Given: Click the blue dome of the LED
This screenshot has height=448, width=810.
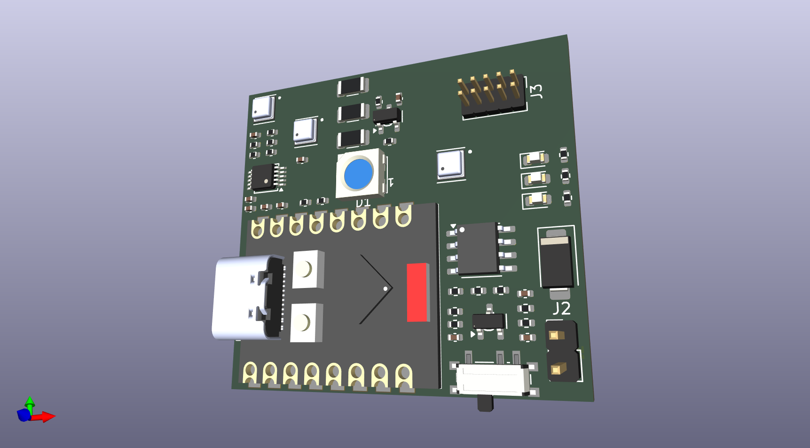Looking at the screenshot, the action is point(358,174).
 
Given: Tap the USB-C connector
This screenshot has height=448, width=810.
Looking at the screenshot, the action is point(247,297).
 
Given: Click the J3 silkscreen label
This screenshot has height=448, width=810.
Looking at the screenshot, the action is point(536,91).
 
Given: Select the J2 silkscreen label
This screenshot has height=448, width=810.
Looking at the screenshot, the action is point(561,309).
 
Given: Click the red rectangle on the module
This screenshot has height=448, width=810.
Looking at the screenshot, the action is point(417,292).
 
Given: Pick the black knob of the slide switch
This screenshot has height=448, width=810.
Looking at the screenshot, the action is point(485,403).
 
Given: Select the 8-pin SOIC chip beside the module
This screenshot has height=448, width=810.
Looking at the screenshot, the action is point(478,248).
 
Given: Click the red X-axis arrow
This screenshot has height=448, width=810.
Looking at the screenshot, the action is point(46,416).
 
